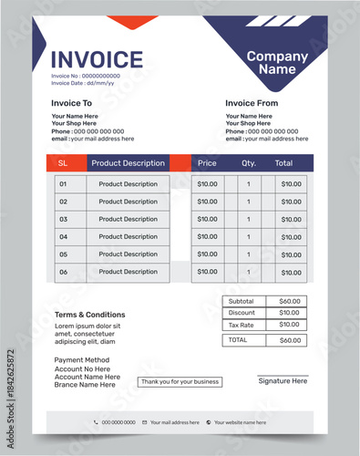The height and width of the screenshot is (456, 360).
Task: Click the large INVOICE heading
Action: [97, 60]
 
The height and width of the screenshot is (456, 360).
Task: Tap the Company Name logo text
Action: [277, 62]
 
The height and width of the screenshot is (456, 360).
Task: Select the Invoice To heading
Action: [71, 103]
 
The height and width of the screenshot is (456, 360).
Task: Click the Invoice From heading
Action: [252, 103]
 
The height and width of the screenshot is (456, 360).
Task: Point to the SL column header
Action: [63, 163]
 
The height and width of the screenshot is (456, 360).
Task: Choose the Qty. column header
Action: [249, 163]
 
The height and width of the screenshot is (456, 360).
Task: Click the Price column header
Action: [207, 163]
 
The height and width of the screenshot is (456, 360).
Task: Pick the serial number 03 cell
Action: [63, 219]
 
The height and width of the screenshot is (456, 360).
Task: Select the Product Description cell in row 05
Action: [128, 254]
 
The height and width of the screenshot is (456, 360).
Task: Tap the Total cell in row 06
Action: [291, 272]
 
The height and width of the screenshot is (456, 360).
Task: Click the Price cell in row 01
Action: [208, 184]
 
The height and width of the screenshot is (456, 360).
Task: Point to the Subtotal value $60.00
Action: [289, 301]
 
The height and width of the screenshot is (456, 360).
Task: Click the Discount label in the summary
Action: [242, 313]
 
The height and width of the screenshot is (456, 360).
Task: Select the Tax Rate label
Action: [242, 325]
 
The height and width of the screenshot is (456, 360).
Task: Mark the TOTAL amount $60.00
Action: [289, 340]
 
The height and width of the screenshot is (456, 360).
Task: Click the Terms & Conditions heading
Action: [89, 315]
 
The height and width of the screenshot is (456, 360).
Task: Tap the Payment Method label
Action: [82, 360]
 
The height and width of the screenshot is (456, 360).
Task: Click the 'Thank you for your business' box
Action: [180, 381]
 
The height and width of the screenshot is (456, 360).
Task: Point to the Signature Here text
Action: [283, 381]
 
